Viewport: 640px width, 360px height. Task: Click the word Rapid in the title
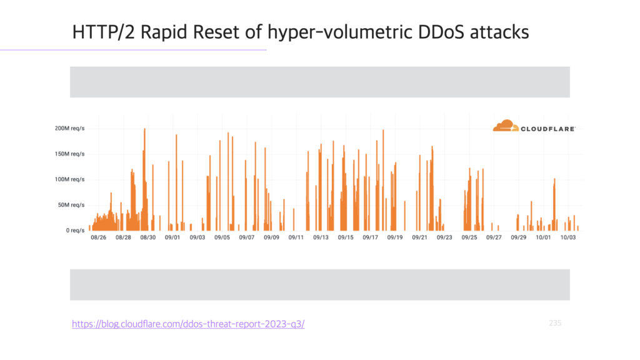(164, 32)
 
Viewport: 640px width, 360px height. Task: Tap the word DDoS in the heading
(441, 32)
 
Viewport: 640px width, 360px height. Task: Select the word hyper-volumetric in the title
(341, 32)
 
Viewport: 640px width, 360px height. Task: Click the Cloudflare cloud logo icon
(506, 126)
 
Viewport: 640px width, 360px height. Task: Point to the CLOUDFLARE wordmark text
(548, 129)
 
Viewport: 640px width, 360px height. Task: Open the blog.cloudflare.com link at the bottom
(188, 324)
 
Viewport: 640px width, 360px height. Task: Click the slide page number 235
(555, 323)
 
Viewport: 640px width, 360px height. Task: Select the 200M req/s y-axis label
(70, 128)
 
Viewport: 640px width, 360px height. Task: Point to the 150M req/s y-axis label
(70, 154)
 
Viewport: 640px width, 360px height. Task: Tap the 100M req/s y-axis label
(70, 179)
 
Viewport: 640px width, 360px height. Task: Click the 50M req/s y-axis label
(71, 205)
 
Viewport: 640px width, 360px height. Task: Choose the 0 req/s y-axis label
(76, 230)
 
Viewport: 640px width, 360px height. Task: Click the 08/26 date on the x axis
(98, 237)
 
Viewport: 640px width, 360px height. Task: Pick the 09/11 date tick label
(296, 237)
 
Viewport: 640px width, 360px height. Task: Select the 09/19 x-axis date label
(395, 237)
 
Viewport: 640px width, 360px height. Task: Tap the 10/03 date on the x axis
(567, 237)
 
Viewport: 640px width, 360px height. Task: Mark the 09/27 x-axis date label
(494, 237)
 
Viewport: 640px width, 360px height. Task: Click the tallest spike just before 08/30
(144, 179)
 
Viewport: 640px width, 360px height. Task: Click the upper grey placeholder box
(320, 82)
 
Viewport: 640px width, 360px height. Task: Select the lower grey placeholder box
(320, 285)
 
